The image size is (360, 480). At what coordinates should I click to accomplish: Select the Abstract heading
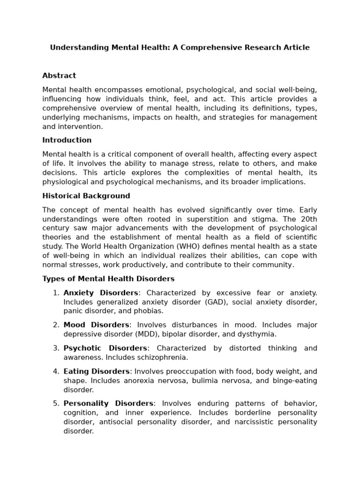click(59, 75)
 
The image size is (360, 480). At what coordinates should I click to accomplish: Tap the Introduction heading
click(67, 140)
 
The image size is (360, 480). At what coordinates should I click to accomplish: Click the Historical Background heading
click(86, 196)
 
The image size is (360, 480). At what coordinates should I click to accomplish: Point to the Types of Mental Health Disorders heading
click(108, 279)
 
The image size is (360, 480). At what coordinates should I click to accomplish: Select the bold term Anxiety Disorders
click(101, 293)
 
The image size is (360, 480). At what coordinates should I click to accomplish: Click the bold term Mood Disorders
click(96, 325)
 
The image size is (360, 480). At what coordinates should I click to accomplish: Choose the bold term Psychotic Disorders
click(105, 348)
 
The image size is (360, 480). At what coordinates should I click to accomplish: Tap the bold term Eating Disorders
click(97, 371)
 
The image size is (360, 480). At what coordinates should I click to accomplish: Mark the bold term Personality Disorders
click(108, 404)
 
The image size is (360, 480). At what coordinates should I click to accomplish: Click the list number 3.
click(56, 348)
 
